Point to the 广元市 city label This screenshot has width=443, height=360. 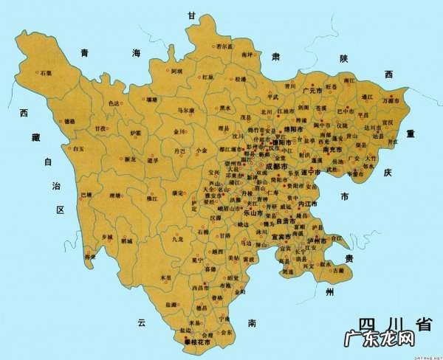(315, 89)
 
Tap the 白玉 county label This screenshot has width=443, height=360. (79, 149)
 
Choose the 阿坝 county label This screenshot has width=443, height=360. (177, 72)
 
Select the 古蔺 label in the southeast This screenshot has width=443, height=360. (338, 271)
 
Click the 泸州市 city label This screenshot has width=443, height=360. (318, 240)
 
